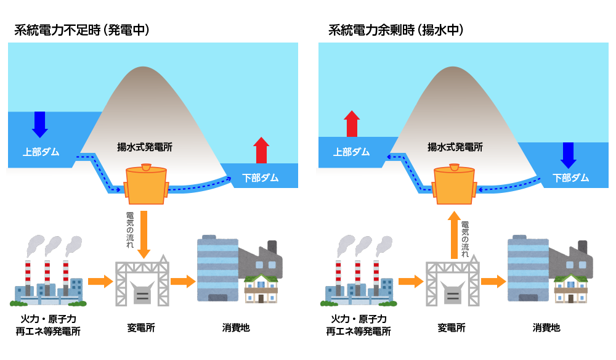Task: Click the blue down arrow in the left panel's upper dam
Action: click(39, 124)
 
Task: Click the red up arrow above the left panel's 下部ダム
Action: click(261, 150)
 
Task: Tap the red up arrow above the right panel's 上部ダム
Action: click(352, 124)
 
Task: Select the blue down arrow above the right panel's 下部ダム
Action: click(568, 155)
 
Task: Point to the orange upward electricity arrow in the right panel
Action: click(454, 234)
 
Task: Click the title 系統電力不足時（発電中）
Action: click(82, 30)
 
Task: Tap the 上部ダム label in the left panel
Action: click(41, 151)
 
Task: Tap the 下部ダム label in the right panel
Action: click(570, 178)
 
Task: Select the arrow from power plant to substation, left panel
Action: click(100, 282)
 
